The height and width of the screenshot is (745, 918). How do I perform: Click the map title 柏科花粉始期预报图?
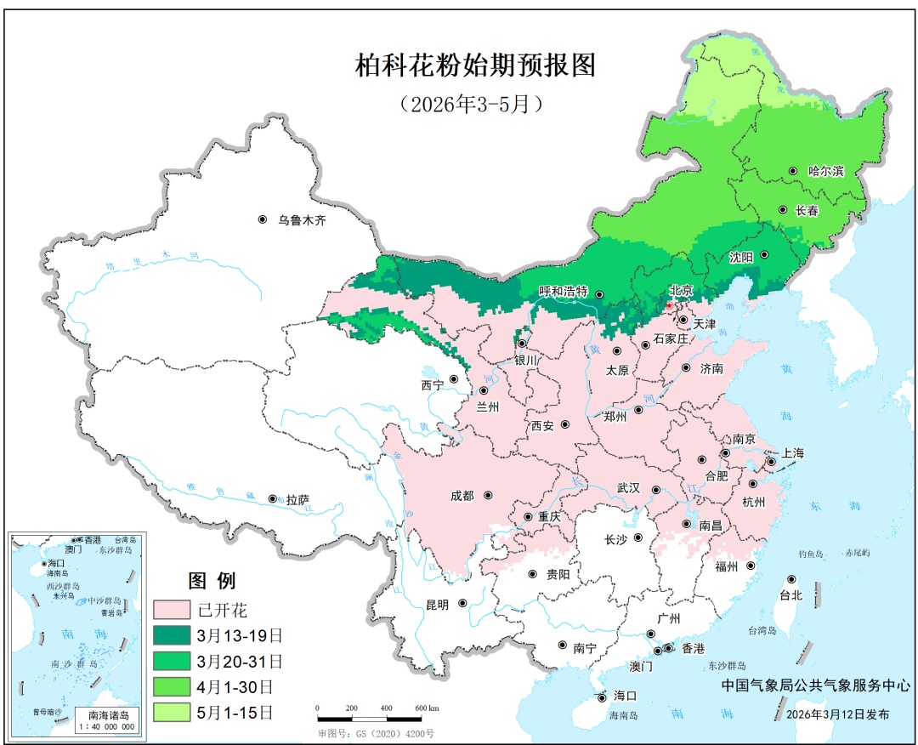tap(476, 65)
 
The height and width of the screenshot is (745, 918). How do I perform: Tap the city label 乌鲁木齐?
tap(302, 220)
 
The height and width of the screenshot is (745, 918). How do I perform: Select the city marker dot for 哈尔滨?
tap(793, 171)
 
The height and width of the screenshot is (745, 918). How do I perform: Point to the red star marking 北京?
tap(670, 304)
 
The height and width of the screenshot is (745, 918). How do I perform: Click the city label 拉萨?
tap(298, 500)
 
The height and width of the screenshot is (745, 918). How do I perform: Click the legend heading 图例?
tap(212, 582)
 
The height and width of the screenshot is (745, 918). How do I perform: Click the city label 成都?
tap(462, 496)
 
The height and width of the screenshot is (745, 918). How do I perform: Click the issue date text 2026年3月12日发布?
tap(838, 714)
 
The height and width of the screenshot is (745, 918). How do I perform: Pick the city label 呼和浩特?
tap(564, 292)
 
